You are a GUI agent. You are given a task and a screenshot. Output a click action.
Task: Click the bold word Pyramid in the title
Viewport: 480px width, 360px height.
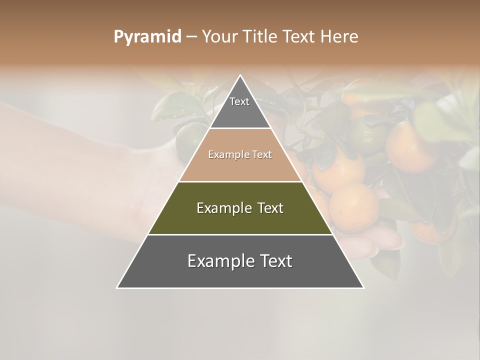tap(147, 37)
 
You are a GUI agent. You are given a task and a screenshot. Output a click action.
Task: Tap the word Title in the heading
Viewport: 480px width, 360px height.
tap(262, 37)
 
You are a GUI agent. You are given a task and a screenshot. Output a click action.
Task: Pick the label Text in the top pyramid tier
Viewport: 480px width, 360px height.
tap(239, 101)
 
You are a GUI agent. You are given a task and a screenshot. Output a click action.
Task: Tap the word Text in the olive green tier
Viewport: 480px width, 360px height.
tap(270, 208)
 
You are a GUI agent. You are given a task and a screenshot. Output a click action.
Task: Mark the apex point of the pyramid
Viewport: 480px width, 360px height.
tap(240, 75)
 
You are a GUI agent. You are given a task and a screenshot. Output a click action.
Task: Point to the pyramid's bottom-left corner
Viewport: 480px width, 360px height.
tap(117, 287)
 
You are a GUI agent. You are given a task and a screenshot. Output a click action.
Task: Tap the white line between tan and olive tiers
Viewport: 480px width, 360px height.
tap(240, 181)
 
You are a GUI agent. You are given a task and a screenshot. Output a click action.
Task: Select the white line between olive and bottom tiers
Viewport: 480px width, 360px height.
tap(240, 234)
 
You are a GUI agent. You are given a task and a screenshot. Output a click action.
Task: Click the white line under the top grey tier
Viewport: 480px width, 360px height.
tap(240, 128)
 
